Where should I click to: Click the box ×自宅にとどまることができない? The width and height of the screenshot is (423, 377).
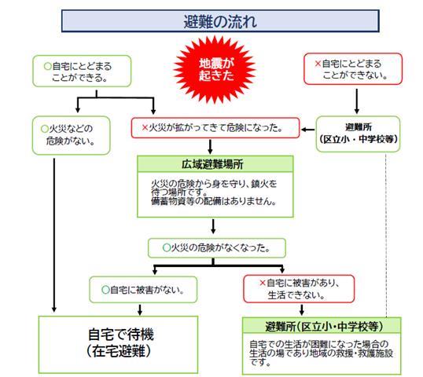pyautogui.click(x=353, y=69)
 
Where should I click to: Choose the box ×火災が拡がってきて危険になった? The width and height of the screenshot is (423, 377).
pyautogui.click(x=215, y=126)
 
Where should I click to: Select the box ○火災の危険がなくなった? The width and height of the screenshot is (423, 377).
pyautogui.click(x=215, y=247)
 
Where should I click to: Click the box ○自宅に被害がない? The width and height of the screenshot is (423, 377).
pyautogui.click(x=142, y=289)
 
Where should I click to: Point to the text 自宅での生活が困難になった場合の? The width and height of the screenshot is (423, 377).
pyautogui.click(x=318, y=344)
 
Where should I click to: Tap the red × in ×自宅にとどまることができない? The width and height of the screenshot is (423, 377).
pyautogui.click(x=318, y=62)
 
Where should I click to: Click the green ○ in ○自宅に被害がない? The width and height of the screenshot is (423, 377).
pyautogui.click(x=105, y=289)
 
